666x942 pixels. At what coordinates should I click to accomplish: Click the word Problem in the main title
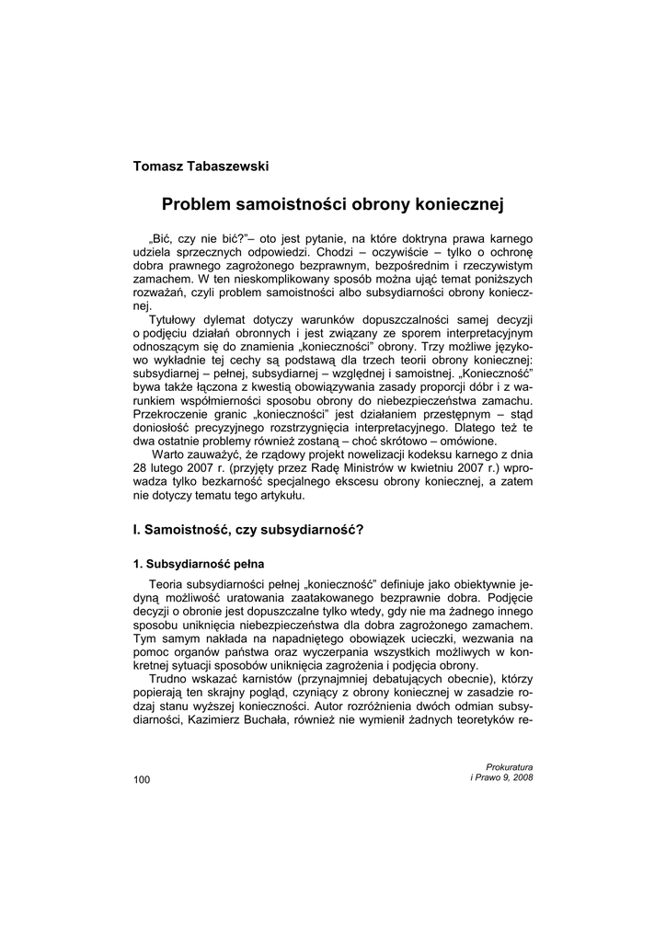pos(195,203)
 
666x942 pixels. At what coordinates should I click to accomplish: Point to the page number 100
pos(142,780)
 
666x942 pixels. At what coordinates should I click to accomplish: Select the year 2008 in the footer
pos(521,777)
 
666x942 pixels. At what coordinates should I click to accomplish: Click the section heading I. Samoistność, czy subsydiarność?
pos(248,529)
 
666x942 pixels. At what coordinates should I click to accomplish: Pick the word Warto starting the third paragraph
pos(171,455)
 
